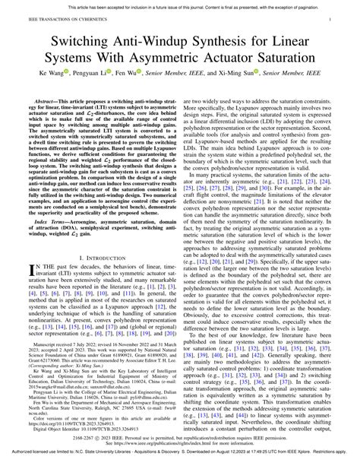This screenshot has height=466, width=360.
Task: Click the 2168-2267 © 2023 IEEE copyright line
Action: coord(180,439)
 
